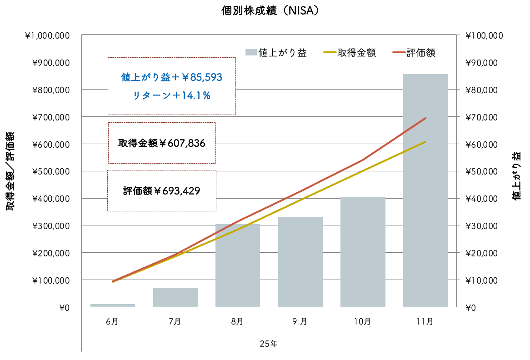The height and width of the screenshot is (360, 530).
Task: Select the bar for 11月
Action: tap(425, 191)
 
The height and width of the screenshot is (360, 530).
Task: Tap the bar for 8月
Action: tap(237, 266)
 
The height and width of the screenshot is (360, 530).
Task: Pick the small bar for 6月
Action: tap(112, 305)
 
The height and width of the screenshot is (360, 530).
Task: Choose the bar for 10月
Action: tap(362, 252)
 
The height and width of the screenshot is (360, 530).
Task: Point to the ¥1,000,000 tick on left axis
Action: tap(47, 35)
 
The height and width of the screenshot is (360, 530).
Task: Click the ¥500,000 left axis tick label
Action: tap(50, 171)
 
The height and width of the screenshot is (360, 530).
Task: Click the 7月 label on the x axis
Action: tap(175, 321)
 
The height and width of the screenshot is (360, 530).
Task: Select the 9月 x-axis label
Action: tap(300, 321)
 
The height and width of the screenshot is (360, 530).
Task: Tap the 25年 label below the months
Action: tap(269, 344)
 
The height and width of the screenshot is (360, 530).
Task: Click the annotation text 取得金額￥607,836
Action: tap(162, 143)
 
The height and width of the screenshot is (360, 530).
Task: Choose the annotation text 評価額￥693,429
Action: tap(162, 191)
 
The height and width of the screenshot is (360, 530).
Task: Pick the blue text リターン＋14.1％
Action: tap(171, 96)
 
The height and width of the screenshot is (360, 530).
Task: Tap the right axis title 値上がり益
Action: tap(517, 176)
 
